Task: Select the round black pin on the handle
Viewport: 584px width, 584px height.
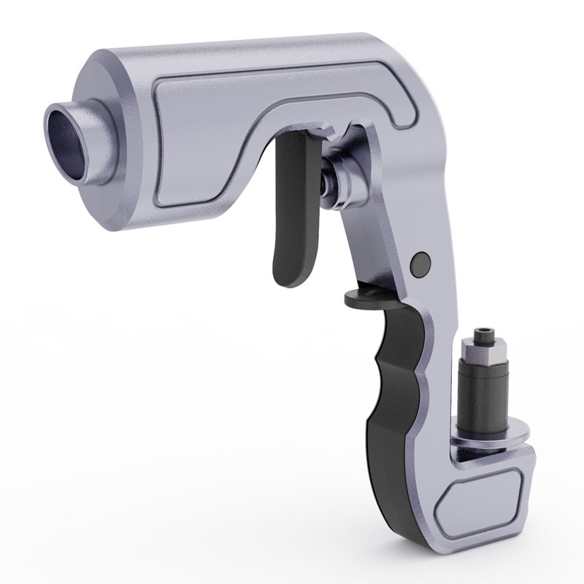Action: pos(420,262)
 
